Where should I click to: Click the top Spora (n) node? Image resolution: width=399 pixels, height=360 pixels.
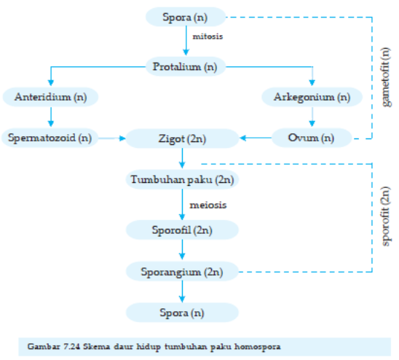[185, 15]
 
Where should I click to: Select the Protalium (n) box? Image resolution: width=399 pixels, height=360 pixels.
[185, 67]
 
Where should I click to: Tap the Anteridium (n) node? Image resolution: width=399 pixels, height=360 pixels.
[50, 96]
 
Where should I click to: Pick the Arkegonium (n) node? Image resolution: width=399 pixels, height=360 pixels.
[312, 96]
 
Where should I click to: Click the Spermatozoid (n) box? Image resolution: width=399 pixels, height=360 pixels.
[50, 136]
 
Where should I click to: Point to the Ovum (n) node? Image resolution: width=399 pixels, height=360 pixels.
[312, 136]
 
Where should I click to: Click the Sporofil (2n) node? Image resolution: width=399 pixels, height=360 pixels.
[182, 230]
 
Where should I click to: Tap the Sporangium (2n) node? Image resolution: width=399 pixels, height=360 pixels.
[182, 273]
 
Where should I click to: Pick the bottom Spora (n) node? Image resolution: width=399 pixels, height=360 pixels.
[182, 313]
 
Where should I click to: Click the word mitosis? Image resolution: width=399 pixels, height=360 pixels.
[208, 35]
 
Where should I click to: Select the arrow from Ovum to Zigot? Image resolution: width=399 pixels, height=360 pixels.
[256, 136]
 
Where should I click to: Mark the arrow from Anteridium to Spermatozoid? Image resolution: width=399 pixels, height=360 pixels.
[50, 117]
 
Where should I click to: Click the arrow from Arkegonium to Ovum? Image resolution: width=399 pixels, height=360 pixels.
[312, 117]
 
